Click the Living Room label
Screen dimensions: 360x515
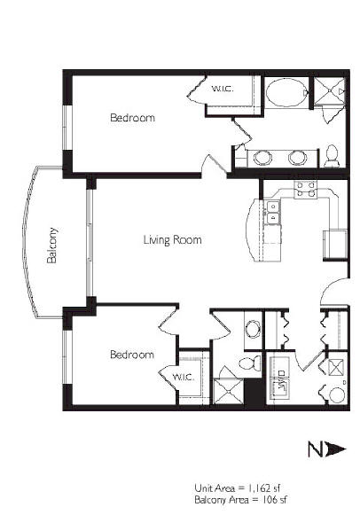172,239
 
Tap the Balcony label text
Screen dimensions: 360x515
52,245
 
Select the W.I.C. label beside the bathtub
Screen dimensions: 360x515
223,89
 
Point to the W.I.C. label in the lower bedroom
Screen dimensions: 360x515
184,378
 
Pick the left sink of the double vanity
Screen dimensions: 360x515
262,158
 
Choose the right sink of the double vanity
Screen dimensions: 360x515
297,158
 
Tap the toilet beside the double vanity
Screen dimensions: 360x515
332,156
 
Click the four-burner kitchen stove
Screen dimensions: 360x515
306,190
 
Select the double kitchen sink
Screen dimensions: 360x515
272,213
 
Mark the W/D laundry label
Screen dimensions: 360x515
281,378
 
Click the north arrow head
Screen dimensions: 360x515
336,449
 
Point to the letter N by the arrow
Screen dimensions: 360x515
316,449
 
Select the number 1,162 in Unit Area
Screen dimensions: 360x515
260,488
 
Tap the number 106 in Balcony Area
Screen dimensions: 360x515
269,500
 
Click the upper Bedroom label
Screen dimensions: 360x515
132,118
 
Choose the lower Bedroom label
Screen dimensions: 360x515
132,355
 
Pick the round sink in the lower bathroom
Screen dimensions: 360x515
254,329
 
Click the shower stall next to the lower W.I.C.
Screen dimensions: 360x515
228,391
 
